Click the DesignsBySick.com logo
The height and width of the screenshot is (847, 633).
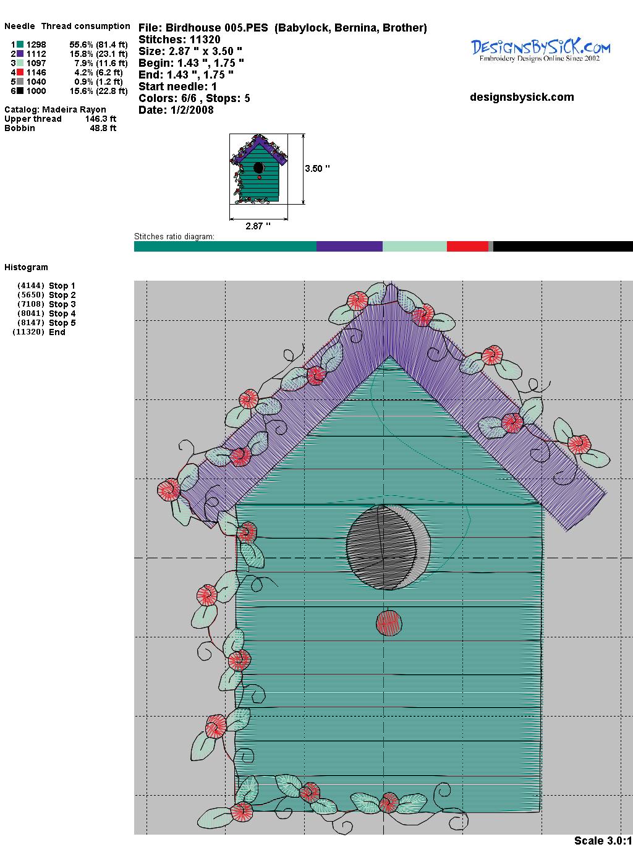pos(540,50)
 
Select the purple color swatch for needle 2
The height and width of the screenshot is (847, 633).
pos(20,54)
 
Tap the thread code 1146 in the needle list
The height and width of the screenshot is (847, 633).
pos(36,72)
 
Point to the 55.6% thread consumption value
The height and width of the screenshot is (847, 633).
pos(81,45)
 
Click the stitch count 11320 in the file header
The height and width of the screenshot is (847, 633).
pos(205,40)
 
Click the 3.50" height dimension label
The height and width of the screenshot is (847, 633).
pos(318,169)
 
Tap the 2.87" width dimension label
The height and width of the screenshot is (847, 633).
pos(258,226)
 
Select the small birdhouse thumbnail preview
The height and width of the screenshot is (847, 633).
pos(259,169)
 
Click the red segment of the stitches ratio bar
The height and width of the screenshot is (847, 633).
pos(467,246)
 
